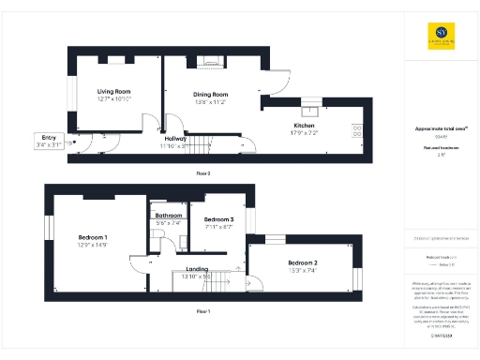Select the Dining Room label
211,94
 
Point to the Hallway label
175,140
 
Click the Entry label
44,138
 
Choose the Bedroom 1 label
92,236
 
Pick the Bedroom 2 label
302,262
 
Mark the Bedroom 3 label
219,219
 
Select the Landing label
197,269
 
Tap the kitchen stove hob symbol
356,131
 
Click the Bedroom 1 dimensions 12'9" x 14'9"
92,244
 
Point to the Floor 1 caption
202,310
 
